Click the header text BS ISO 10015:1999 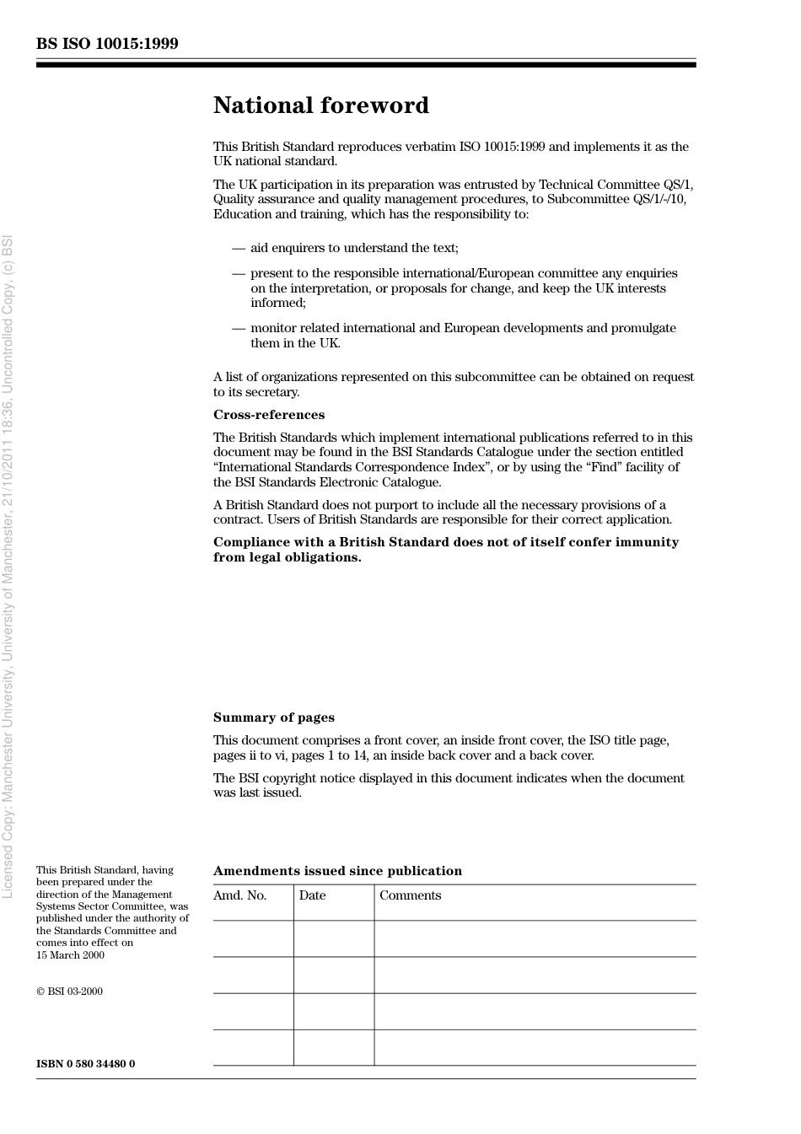point(107,44)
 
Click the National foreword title point(320,105)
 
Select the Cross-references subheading point(268,415)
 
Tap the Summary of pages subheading point(273,717)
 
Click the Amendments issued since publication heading point(337,871)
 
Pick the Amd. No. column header point(239,895)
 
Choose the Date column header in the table point(312,895)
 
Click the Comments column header point(410,895)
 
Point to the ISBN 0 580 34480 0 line point(85,1063)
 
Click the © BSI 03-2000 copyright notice point(69,992)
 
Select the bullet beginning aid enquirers point(354,248)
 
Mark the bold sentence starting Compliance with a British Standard point(445,550)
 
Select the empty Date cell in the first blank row point(334,938)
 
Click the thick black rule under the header point(366,65)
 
